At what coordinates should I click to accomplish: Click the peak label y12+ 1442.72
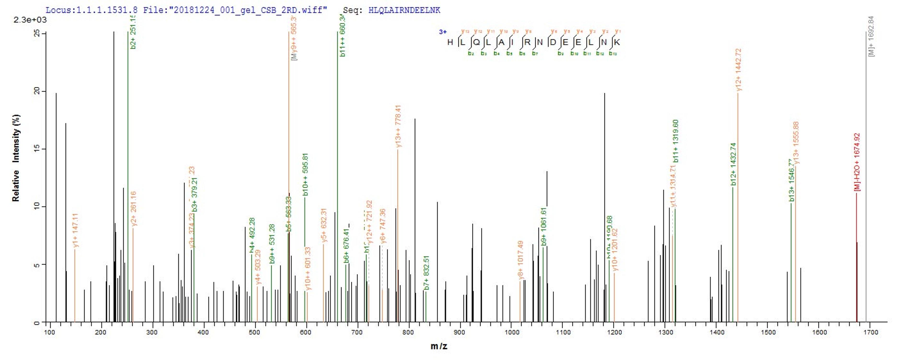click(x=739, y=70)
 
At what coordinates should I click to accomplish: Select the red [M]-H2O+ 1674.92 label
click(x=857, y=162)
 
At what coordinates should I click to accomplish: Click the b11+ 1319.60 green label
click(x=675, y=141)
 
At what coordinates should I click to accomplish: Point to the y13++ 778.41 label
click(x=399, y=126)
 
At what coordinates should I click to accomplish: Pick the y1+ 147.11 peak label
click(x=75, y=230)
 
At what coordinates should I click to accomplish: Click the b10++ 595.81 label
click(x=305, y=174)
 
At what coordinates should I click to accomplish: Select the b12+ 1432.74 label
click(x=734, y=164)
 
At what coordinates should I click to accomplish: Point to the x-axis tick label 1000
click(x=512, y=332)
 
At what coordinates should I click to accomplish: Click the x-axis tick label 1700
click(x=871, y=332)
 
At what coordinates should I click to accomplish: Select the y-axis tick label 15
click(x=37, y=149)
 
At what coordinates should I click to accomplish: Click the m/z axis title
click(x=439, y=346)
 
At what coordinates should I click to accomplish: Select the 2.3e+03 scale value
click(x=30, y=20)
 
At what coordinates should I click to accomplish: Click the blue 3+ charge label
click(x=443, y=32)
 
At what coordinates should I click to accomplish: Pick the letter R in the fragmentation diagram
click(x=528, y=42)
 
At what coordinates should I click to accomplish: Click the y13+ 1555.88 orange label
click(x=796, y=143)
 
